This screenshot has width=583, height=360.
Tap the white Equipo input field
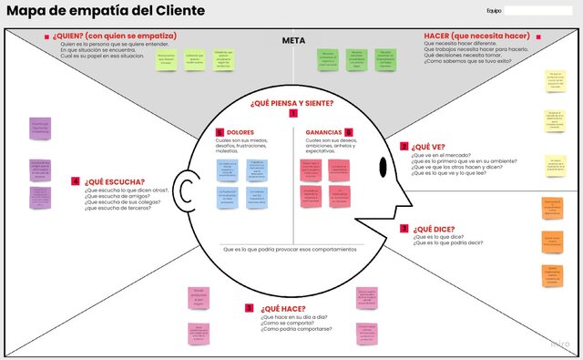pyautogui.click(x=537, y=11)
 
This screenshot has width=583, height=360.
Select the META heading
pyautogui.click(x=292, y=40)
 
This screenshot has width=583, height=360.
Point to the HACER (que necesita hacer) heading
pyautogui.click(x=476, y=36)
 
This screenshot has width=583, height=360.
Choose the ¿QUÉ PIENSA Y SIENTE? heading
pyautogui.click(x=291, y=103)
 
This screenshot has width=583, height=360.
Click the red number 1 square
pyautogui.click(x=292, y=114)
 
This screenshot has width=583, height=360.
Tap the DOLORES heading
pyautogui.click(x=240, y=132)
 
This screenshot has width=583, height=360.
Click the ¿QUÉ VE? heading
pyautogui.click(x=428, y=146)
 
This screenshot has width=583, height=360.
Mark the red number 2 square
pyautogui.click(x=404, y=146)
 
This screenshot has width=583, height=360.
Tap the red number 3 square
pyautogui.click(x=404, y=229)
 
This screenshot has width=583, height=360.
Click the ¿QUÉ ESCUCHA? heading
pyautogui.click(x=115, y=180)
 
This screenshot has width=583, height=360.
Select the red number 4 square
pyautogui.click(x=76, y=180)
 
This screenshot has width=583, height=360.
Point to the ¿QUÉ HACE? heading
pyautogui.click(x=282, y=309)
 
